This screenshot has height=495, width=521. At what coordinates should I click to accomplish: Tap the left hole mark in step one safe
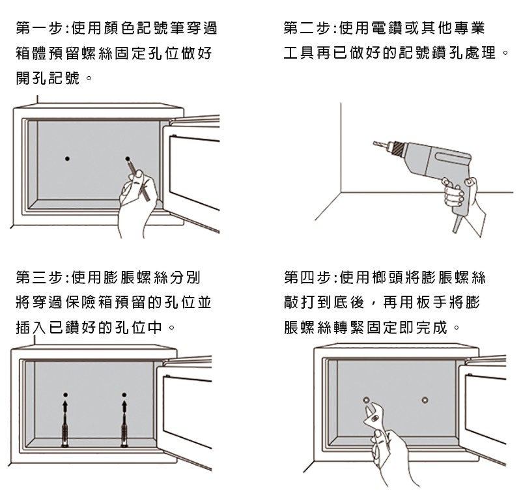pos(68,158)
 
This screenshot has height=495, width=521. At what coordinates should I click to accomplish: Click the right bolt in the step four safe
pos(425,399)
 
